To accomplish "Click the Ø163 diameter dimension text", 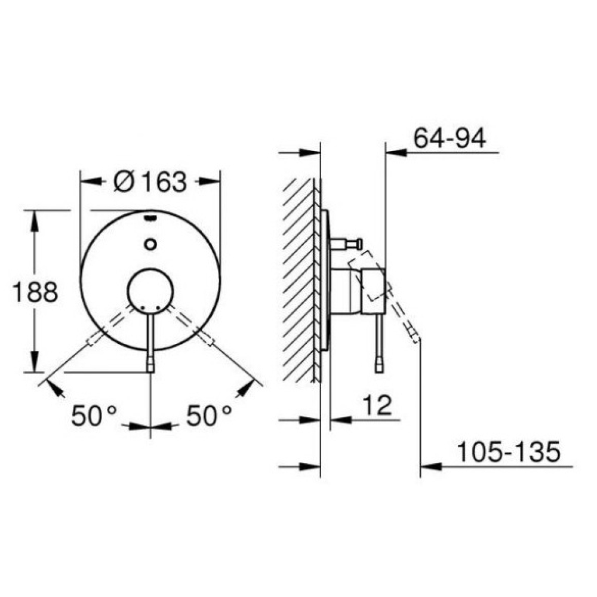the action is pyautogui.click(x=150, y=181).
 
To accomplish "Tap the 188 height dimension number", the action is pyautogui.click(x=35, y=293).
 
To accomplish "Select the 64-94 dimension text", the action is pyautogui.click(x=450, y=138).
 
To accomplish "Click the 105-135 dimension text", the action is pyautogui.click(x=509, y=452).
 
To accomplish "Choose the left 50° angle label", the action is pyautogui.click(x=94, y=415).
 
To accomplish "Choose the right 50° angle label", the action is pyautogui.click(x=208, y=415).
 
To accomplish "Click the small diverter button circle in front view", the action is pyautogui.click(x=151, y=244).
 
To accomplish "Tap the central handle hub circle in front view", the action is pyautogui.click(x=151, y=292).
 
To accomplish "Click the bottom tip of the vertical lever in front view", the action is pyautogui.click(x=151, y=371).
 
